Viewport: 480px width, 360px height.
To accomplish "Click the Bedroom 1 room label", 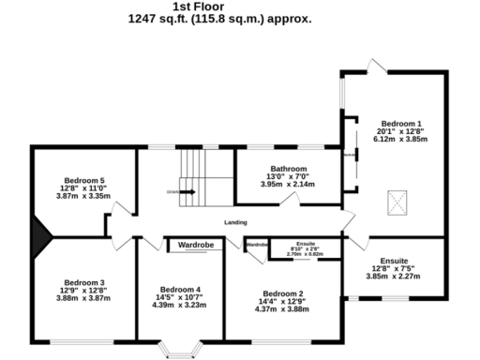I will (x=400, y=122).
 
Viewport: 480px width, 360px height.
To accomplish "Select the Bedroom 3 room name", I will (x=84, y=281).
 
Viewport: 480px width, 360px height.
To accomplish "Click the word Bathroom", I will (x=289, y=170).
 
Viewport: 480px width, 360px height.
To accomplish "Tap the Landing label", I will (x=236, y=222).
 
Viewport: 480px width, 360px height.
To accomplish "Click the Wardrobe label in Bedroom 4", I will (x=197, y=245).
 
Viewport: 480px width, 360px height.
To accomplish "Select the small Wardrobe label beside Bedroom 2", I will (x=257, y=245).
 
